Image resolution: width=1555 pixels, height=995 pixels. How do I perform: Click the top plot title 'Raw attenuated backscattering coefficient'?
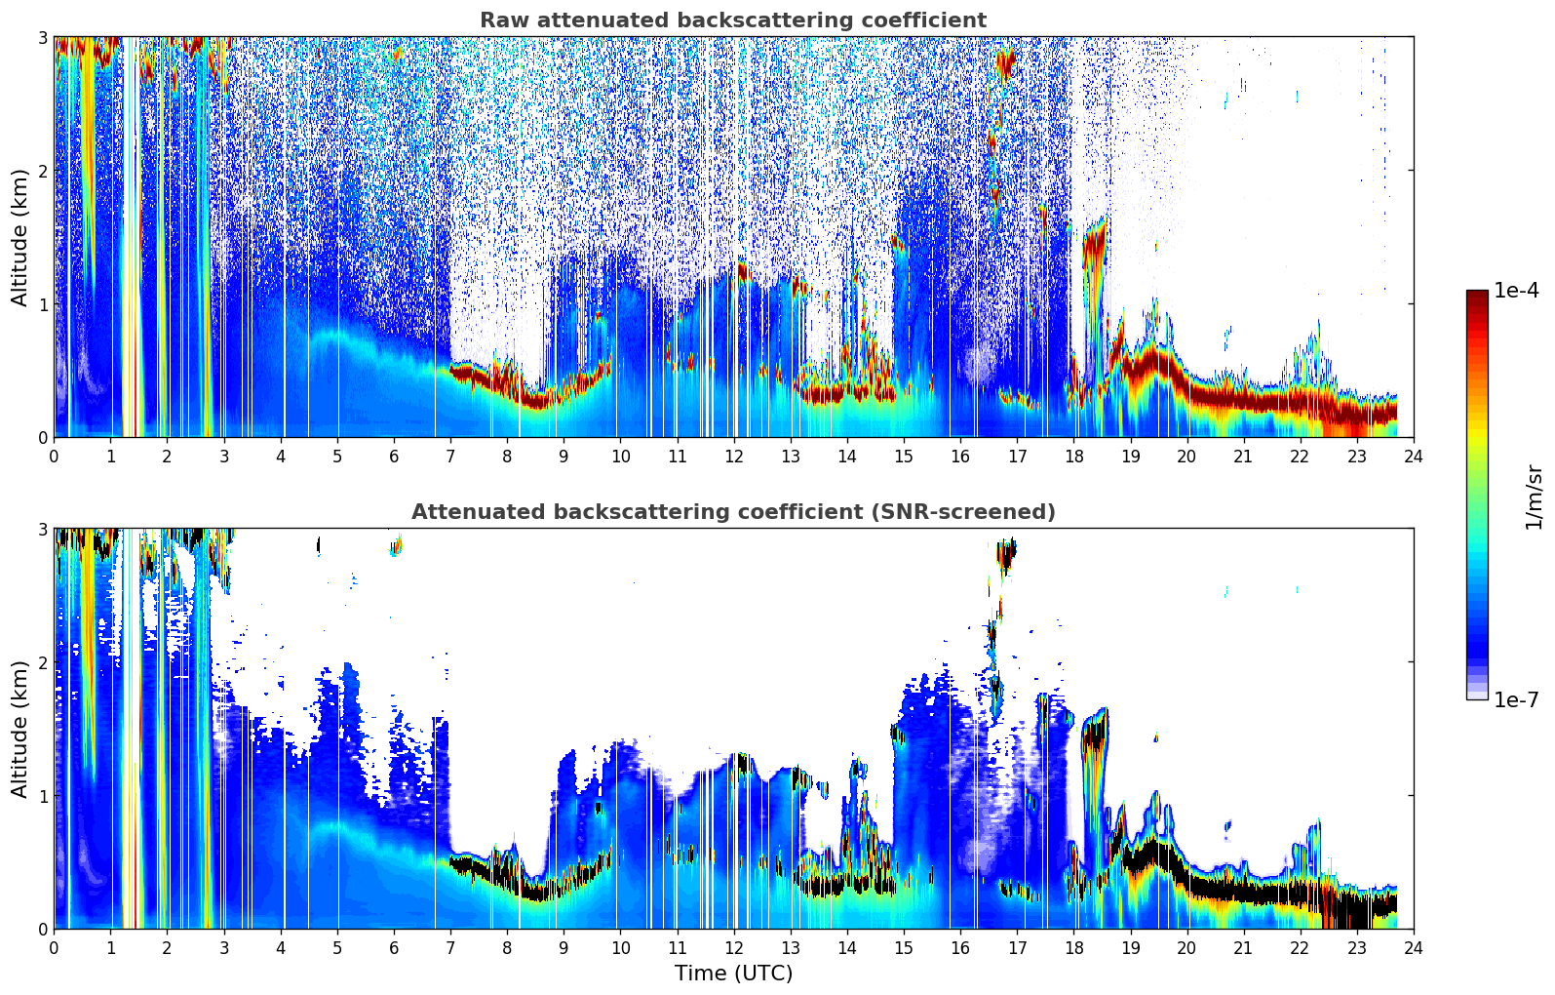click(x=733, y=20)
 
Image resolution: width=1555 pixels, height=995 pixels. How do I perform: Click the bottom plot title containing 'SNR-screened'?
click(x=733, y=511)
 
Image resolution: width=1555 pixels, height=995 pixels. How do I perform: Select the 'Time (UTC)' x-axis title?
click(x=733, y=973)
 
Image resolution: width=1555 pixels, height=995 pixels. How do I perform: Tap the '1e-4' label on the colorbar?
click(x=1516, y=291)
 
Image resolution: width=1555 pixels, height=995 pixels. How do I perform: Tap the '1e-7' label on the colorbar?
click(x=1516, y=699)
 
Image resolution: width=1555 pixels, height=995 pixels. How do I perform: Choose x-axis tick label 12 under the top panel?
click(x=734, y=457)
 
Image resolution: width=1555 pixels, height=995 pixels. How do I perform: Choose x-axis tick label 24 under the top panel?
click(x=1414, y=457)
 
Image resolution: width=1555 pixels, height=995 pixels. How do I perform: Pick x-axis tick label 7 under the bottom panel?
click(x=450, y=948)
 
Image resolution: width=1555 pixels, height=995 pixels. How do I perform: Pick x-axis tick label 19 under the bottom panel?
click(x=1130, y=948)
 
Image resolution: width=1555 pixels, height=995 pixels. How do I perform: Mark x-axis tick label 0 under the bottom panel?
click(x=55, y=948)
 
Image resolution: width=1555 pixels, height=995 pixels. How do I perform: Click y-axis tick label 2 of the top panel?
click(x=42, y=171)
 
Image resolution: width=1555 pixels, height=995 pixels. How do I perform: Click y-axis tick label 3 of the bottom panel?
click(x=42, y=529)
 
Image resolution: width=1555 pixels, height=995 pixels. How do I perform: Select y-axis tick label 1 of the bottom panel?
click(x=42, y=796)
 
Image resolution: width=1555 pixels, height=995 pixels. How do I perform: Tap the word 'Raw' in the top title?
click(x=505, y=20)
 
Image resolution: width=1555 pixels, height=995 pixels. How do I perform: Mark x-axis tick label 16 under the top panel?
click(x=960, y=457)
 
